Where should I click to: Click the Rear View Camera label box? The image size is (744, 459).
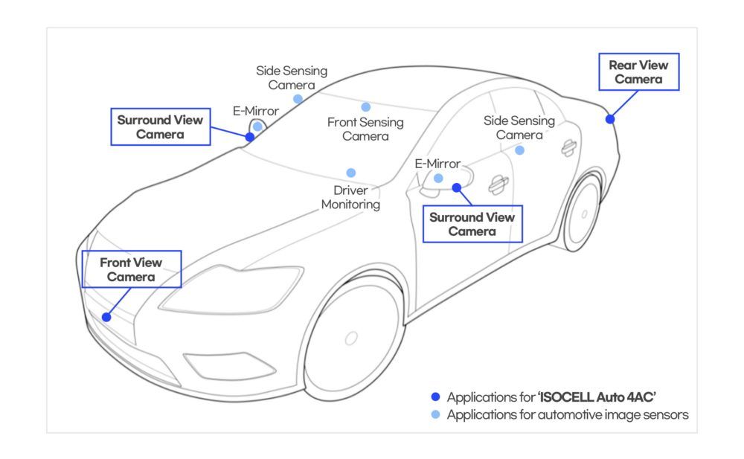(x=638, y=72)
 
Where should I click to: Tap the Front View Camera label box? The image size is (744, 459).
(x=131, y=269)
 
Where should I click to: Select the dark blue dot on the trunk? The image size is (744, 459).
(x=610, y=119)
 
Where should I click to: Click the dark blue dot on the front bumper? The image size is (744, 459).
(x=106, y=317)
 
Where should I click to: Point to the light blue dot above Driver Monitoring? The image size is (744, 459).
(x=351, y=173)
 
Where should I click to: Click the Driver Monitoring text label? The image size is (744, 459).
(x=351, y=197)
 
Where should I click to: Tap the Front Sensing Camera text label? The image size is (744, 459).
(x=365, y=129)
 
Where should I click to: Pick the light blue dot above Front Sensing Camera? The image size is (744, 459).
(x=366, y=107)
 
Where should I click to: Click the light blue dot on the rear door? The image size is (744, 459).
(x=519, y=150)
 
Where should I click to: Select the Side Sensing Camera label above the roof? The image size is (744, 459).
(x=292, y=78)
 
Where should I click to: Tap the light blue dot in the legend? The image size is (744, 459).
(x=435, y=415)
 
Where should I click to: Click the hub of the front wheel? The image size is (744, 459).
(x=351, y=338)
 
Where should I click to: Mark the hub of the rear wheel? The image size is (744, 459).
(x=584, y=214)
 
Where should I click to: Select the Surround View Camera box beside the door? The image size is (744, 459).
(x=471, y=225)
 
